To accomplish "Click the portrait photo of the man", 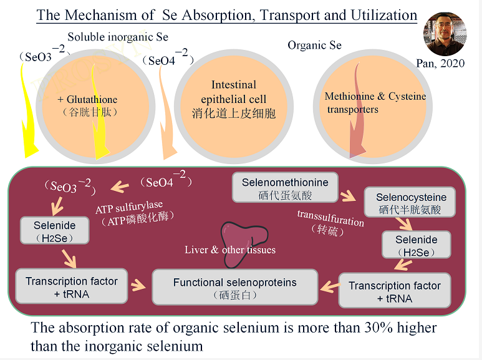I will [x=445, y=34].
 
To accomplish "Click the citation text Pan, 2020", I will [x=440, y=63].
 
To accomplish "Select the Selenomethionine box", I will [x=284, y=188].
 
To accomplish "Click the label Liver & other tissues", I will [x=230, y=250].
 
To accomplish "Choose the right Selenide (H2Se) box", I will [x=416, y=245].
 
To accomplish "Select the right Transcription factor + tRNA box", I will [x=394, y=291].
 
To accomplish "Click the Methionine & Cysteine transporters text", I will [x=375, y=103].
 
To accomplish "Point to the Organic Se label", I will [x=314, y=46].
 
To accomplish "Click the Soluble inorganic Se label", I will [x=118, y=37].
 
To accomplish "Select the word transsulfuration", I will [x=330, y=218].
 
